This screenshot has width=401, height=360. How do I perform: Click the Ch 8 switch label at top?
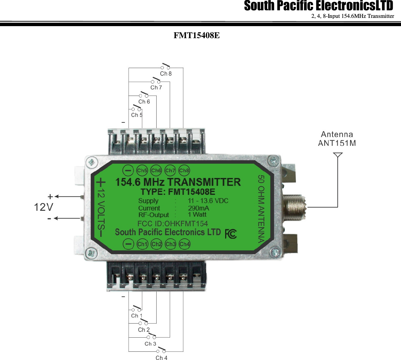coord(166,74)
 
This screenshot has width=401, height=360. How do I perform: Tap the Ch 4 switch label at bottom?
coord(161,358)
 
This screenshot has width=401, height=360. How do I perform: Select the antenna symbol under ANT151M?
coord(338,156)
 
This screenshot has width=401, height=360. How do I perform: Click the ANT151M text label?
coord(337,143)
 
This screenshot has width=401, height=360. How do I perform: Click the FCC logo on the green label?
coord(231,234)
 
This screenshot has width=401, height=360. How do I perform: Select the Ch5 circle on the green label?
coord(142,170)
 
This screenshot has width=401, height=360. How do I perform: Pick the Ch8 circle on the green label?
coord(184,170)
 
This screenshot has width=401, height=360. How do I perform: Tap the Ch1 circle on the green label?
coord(142,244)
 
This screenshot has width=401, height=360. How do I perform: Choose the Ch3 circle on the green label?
coord(170,244)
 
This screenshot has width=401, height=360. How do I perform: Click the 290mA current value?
coord(198,208)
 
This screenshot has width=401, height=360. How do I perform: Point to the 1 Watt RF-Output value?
coord(197,215)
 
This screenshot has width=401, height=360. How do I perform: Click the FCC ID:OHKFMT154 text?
coord(172,223)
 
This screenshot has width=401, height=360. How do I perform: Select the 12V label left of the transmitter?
coord(44,207)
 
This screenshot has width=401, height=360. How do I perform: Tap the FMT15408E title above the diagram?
coord(197,35)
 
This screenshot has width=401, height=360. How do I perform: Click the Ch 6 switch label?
coord(144,101)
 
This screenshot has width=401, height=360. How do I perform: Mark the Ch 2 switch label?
coord(144,330)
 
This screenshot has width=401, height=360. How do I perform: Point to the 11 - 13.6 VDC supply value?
coord(208,201)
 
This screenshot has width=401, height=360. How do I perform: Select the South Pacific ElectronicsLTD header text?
coord(318,6)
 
